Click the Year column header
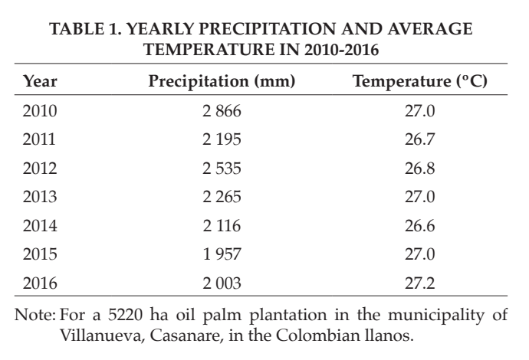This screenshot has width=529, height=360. click(40, 81)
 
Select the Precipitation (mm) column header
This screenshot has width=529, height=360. click(222, 81)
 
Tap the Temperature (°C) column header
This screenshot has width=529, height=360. click(419, 81)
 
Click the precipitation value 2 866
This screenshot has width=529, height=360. click(222, 111)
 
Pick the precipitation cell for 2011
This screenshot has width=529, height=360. click(222, 139)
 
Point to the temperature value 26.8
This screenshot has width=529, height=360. click(419, 169)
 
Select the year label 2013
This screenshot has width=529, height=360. click(40, 197)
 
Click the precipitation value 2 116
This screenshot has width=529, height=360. click(222, 225)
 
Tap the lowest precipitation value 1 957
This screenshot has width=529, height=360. click(222, 254)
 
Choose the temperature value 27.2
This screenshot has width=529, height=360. click(419, 283)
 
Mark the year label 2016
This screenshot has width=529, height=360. click(40, 283)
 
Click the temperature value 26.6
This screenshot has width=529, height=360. click(419, 225)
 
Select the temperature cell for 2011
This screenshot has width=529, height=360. click(419, 139)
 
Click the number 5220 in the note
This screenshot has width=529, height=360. click(125, 315)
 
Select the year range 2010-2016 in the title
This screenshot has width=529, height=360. click(341, 50)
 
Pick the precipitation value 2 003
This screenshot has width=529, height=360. click(222, 283)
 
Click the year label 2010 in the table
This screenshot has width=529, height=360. click(40, 111)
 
